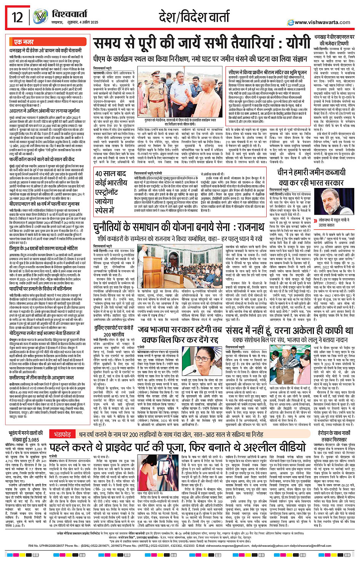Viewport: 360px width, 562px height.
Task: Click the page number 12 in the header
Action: (x=18, y=18)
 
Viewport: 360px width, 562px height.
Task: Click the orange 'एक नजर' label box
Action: (x=24, y=42)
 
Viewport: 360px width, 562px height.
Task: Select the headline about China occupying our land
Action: (x=311, y=177)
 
